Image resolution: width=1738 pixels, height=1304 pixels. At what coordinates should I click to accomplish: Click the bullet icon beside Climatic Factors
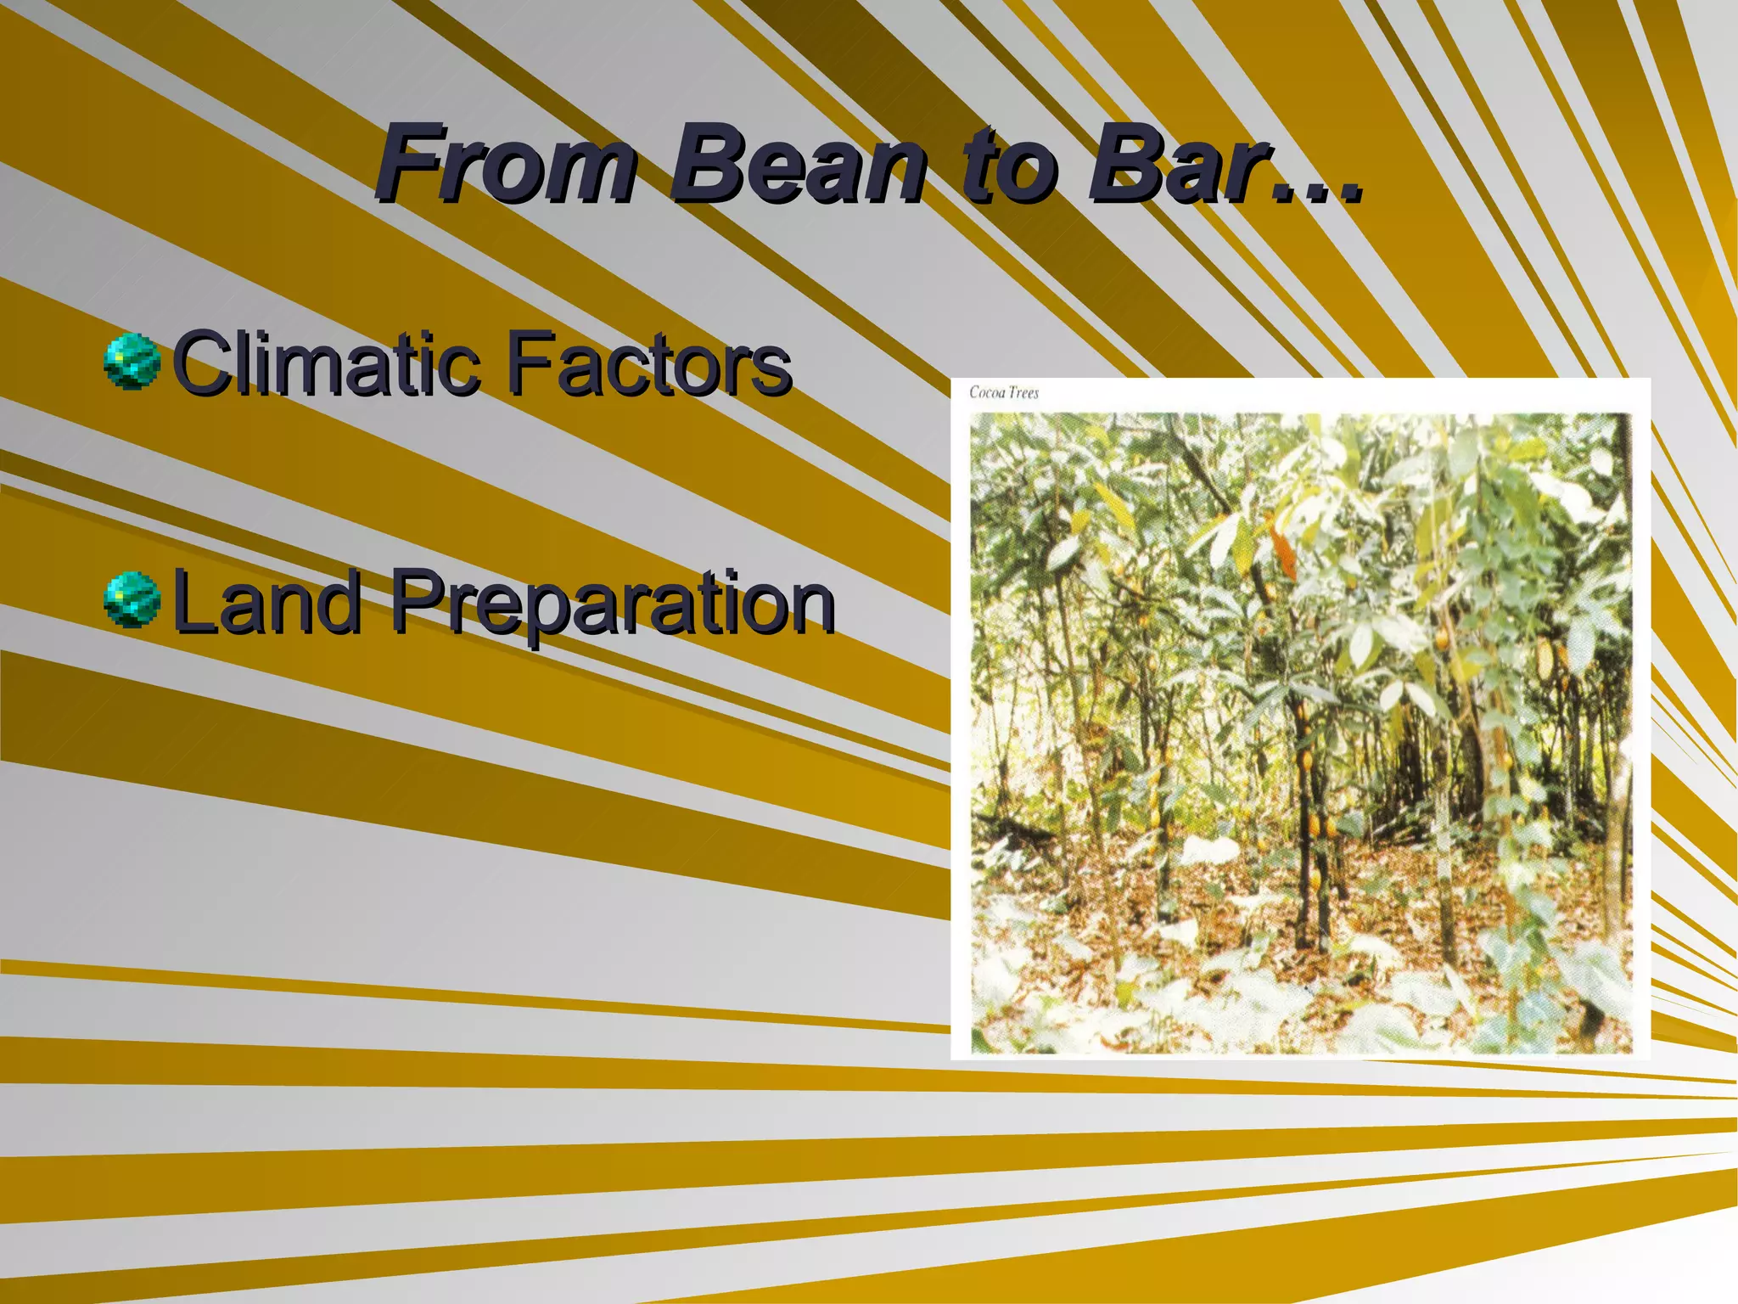132,362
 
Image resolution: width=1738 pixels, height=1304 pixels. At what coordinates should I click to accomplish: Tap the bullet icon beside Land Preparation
132,599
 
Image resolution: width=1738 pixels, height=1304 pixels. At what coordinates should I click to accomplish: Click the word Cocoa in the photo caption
986,392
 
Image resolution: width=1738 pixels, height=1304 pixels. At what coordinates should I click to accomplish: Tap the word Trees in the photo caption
1023,392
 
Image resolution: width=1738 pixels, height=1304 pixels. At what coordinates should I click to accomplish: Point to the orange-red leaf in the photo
1283,552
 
